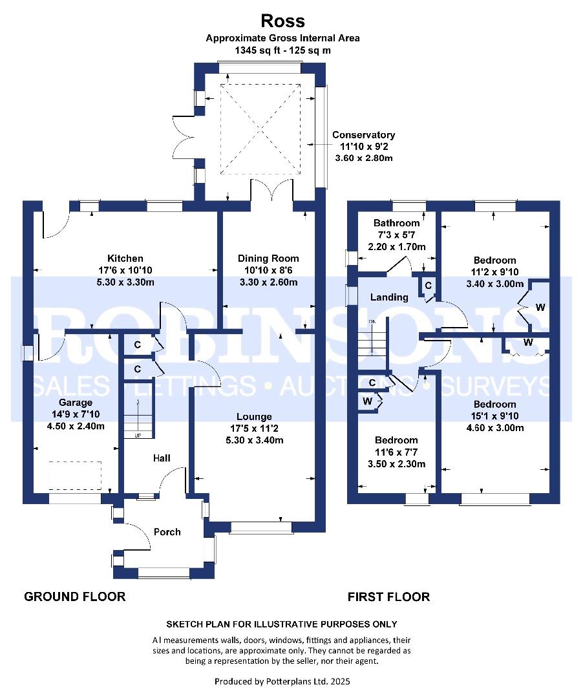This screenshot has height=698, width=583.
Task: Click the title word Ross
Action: [x=282, y=21]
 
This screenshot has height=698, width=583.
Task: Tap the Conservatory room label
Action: [x=363, y=135]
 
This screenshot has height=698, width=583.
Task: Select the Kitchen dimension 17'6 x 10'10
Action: [x=125, y=270]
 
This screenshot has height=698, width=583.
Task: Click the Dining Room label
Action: [x=268, y=259]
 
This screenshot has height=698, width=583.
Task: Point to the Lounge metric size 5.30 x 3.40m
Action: [x=254, y=440]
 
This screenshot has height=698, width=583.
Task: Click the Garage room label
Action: [x=76, y=403]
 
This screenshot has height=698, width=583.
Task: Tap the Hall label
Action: [x=162, y=458]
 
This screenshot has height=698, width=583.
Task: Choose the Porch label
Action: [x=167, y=532]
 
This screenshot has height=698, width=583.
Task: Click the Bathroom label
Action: [x=396, y=223]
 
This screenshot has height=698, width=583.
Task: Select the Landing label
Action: [x=389, y=297]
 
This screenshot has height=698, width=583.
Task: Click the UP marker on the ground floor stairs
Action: [x=138, y=436]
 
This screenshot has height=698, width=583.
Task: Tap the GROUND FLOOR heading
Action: [x=75, y=597]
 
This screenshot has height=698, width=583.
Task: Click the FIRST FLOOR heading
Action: [x=388, y=597]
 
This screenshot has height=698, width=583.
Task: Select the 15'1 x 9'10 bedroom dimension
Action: [x=495, y=416]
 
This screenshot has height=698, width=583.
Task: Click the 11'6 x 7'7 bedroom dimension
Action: [x=396, y=452]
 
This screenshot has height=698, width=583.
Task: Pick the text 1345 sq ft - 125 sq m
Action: [x=282, y=50]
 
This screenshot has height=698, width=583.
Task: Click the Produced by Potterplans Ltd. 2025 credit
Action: [x=282, y=681]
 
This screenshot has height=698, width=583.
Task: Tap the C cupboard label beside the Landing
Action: [x=428, y=286]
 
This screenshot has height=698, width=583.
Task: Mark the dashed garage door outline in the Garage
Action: [x=75, y=462]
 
